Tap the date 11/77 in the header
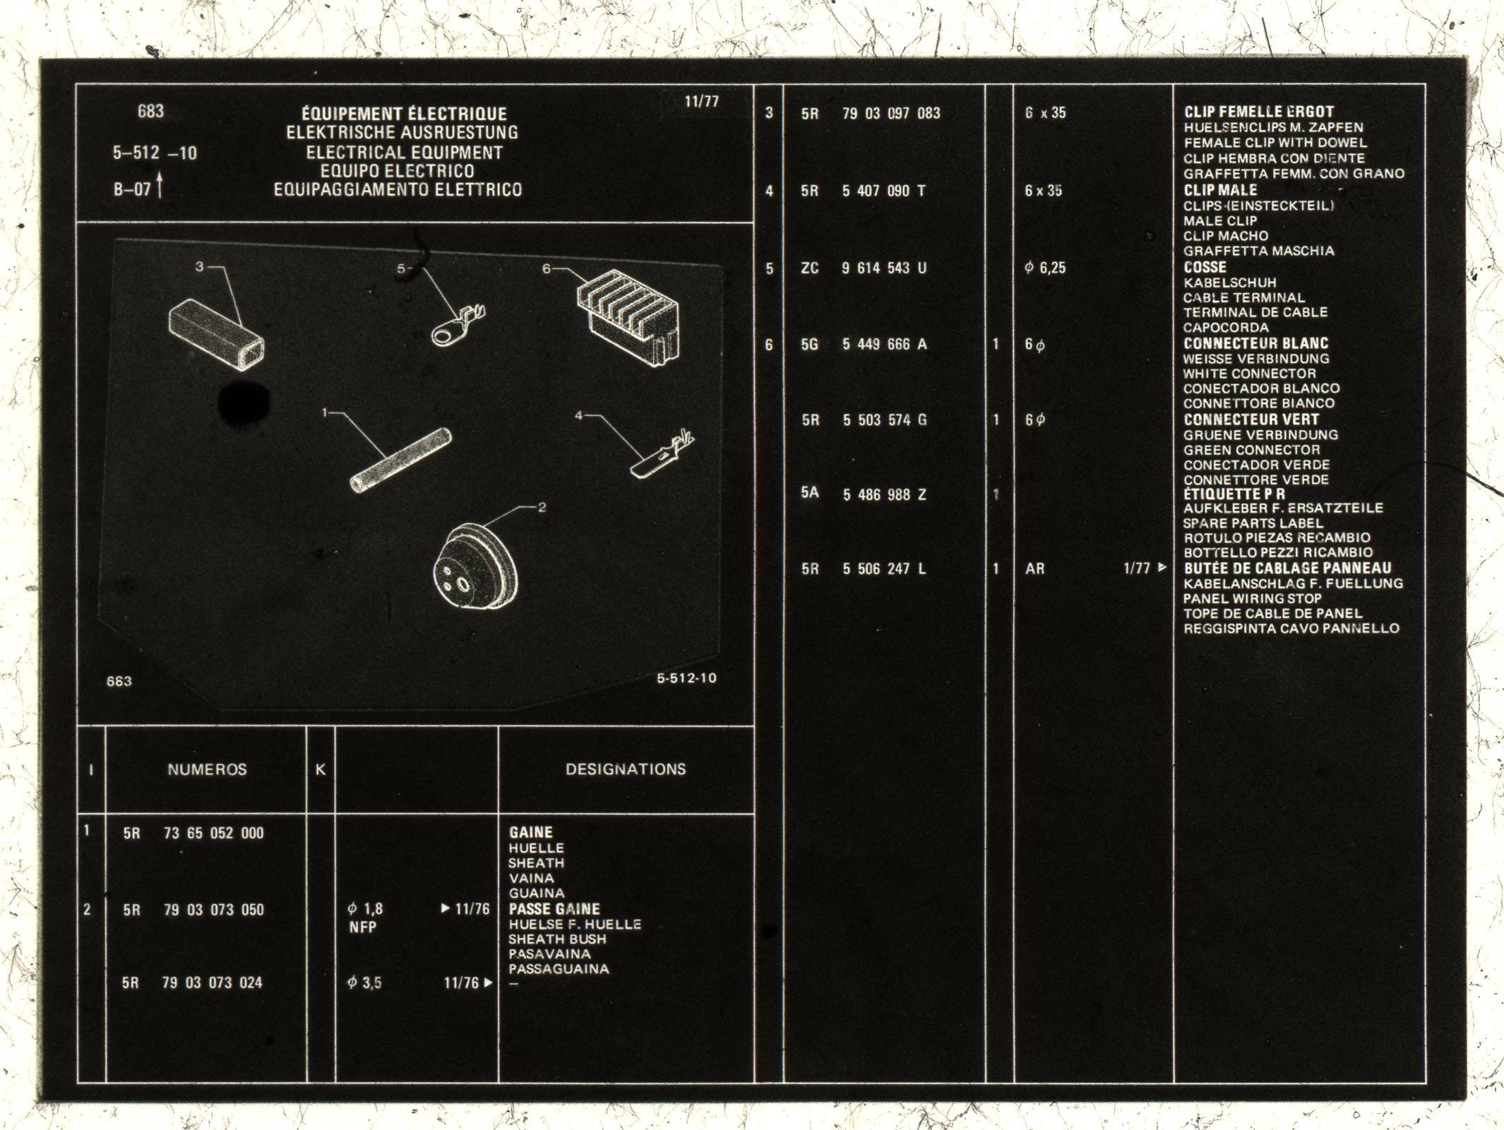point(701,102)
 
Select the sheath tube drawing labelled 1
point(400,460)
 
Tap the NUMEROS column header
point(207,770)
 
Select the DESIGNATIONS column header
point(626,769)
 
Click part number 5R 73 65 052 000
point(193,833)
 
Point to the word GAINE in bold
point(531,833)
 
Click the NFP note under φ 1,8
point(363,927)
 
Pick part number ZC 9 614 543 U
point(864,268)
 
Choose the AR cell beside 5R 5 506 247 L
point(1034,569)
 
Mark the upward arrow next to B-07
point(161,187)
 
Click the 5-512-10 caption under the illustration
point(686,679)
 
